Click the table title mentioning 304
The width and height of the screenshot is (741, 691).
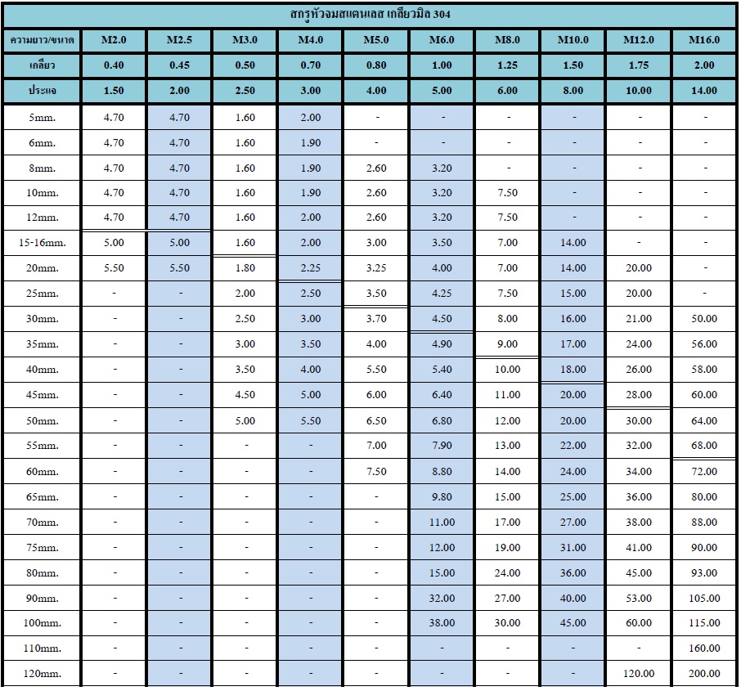coord(370,15)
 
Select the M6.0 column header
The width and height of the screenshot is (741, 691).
coord(442,40)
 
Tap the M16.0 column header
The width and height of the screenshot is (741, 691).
coord(704,40)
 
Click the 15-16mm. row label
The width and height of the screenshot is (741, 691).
coord(42,243)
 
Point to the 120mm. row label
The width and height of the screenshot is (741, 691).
coord(42,674)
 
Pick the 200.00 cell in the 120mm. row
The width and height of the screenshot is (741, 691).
coord(704,674)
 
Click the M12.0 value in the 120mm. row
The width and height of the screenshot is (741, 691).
coord(638,674)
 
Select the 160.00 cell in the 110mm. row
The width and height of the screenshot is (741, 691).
coord(704,648)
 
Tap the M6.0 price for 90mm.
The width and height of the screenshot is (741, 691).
coord(442,598)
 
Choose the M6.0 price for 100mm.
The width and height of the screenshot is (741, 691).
coord(442,623)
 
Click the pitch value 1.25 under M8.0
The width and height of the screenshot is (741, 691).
coord(507,65)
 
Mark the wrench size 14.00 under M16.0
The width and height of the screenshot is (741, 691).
coord(704,91)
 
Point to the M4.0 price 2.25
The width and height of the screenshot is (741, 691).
coord(310,268)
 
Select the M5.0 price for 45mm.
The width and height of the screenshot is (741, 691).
coord(376,395)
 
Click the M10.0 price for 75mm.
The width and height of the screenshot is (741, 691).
coord(573,547)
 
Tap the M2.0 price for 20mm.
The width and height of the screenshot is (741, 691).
coord(114,268)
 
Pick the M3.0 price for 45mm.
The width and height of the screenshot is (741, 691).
coord(245,395)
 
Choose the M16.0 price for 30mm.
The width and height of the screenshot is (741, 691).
coord(704,319)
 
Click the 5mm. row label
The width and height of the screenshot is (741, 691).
coord(42,118)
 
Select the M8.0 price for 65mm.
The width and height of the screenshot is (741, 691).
coord(507,496)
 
